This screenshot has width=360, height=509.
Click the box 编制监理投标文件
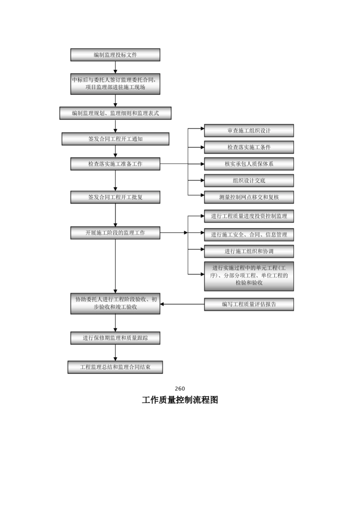(x=115, y=55)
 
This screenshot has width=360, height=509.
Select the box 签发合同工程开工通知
(x=115, y=139)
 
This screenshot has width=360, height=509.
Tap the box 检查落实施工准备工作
(x=115, y=164)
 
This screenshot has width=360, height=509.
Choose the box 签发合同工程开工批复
(x=115, y=197)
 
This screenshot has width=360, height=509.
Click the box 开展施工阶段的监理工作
(x=115, y=233)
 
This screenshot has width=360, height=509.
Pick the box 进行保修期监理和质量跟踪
(x=115, y=338)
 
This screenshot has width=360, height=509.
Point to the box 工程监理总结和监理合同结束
(x=115, y=367)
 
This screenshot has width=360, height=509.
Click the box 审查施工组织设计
(x=249, y=131)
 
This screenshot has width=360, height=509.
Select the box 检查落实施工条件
(x=249, y=147)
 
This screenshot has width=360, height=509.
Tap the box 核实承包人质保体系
(x=249, y=164)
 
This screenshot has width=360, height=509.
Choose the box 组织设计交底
(x=249, y=181)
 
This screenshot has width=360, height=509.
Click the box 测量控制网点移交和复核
(x=249, y=197)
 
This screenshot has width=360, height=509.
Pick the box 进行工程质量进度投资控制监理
(x=249, y=216)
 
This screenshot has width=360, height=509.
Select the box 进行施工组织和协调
(x=249, y=251)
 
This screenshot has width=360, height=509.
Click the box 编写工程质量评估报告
(x=249, y=304)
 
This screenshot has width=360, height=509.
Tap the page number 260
(x=180, y=389)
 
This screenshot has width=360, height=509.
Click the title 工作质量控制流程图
(x=180, y=400)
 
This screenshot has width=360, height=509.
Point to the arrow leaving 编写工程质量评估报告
(x=182, y=304)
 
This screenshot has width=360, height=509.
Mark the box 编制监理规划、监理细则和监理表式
(x=115, y=113)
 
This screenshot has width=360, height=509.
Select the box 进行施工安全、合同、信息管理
(x=249, y=234)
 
